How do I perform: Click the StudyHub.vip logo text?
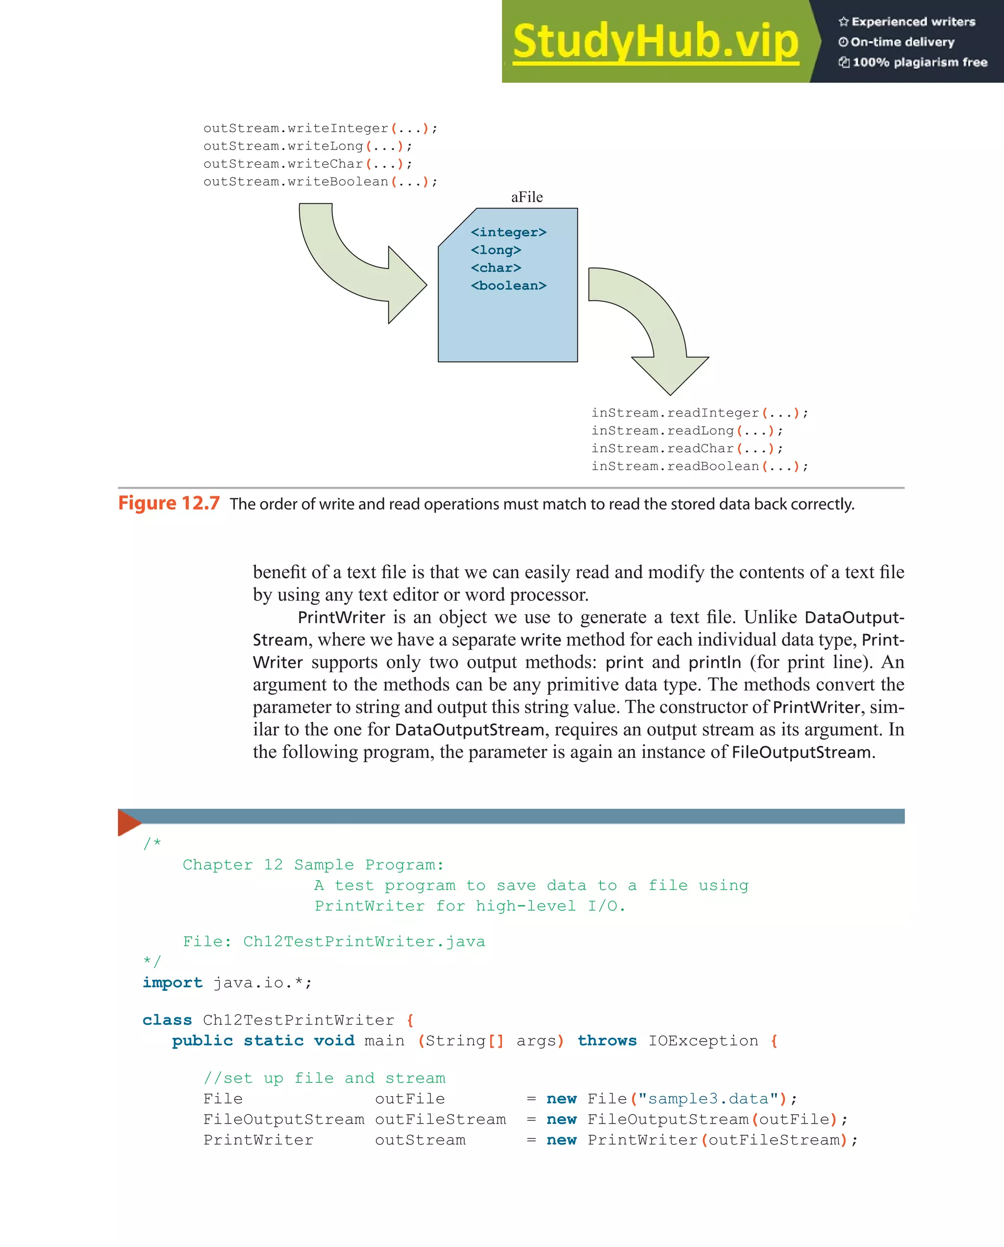[655, 42]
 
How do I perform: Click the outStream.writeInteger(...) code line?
[320, 128]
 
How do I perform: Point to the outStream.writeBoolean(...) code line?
[320, 182]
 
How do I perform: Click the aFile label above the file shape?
[527, 197]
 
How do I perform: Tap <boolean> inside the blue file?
[508, 286]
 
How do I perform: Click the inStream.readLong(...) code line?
[687, 431]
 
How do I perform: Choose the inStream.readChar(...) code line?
[687, 449]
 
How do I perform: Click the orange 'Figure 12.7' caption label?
[169, 503]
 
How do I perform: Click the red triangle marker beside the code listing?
[128, 822]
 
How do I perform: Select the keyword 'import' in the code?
[173, 983]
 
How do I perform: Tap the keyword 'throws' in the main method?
[607, 1041]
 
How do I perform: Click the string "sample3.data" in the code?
[708, 1099]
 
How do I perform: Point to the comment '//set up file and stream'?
[324, 1078]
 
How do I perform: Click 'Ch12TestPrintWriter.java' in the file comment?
[364, 942]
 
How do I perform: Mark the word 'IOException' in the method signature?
[703, 1041]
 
